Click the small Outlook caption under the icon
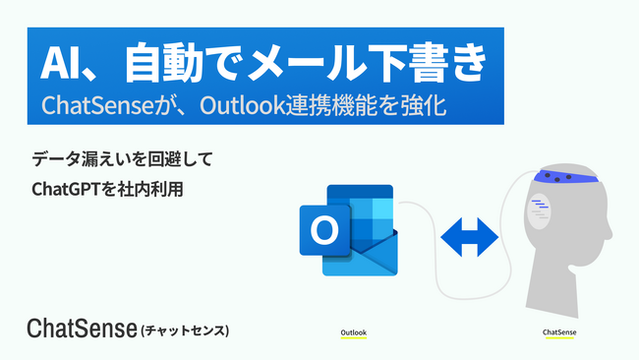pyautogui.click(x=354, y=332)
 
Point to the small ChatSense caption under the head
pyautogui.click(x=559, y=332)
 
